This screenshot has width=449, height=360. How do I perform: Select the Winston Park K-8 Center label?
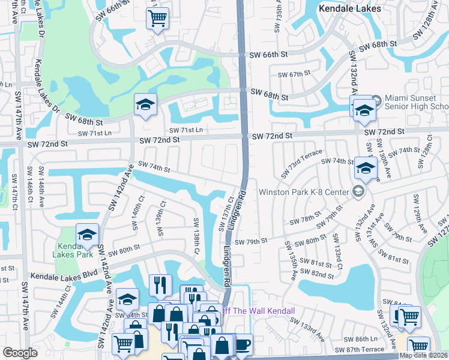(304, 193)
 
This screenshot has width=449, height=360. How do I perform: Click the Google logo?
(20, 353)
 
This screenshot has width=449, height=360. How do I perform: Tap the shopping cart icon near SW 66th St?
(157, 18)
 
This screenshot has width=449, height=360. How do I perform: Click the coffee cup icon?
(242, 344)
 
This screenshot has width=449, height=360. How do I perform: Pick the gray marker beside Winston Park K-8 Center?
(358, 192)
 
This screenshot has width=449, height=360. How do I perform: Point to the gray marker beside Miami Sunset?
(376, 100)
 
